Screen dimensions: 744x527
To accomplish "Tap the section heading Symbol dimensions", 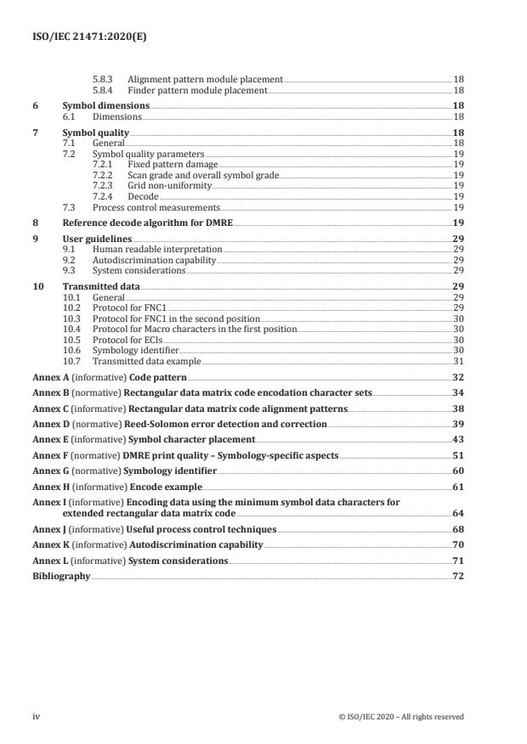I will coord(105,105).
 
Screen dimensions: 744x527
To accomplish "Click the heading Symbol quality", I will coord(96,133).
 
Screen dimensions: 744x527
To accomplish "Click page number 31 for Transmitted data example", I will coord(458,362).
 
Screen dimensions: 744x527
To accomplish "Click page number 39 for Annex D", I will coord(458,423).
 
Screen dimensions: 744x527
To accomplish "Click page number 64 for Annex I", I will coord(458,513).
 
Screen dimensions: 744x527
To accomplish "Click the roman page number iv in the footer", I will coord(36,716).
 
